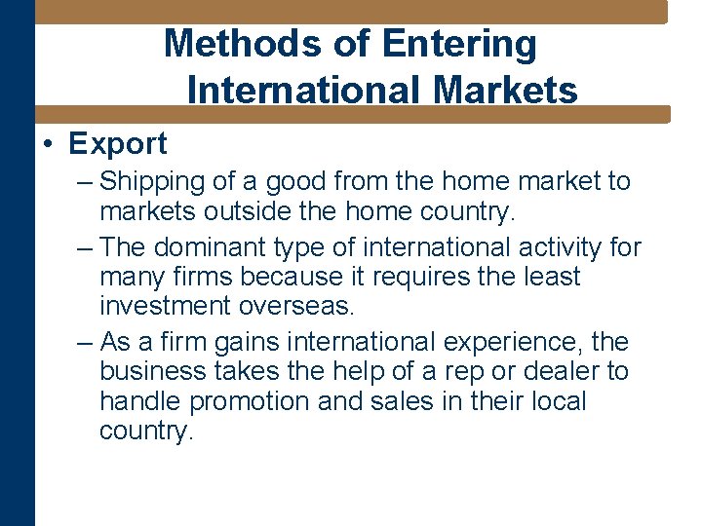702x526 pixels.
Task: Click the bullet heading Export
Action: pos(118,144)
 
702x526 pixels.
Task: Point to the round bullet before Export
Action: pos(49,145)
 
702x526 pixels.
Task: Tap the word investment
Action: pos(165,307)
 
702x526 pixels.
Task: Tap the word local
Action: pos(553,401)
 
